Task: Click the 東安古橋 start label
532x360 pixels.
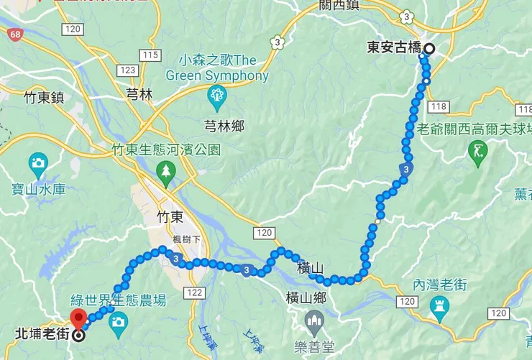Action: click(393, 49)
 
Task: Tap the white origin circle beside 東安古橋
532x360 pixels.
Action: click(428, 49)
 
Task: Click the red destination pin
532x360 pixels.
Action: click(78, 319)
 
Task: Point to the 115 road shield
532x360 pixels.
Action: click(150, 55)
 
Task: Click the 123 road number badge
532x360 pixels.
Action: click(129, 70)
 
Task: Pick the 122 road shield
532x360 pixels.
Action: click(193, 292)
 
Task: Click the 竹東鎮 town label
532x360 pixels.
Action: click(45, 97)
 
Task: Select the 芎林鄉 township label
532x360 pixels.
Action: click(224, 126)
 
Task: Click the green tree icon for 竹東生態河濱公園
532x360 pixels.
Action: click(166, 170)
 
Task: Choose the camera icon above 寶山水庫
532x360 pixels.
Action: click(38, 162)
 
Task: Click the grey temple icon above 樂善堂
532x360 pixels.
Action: click(314, 318)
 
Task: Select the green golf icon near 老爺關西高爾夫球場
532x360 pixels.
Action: click(478, 151)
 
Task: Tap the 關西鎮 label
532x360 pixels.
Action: click(339, 5)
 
